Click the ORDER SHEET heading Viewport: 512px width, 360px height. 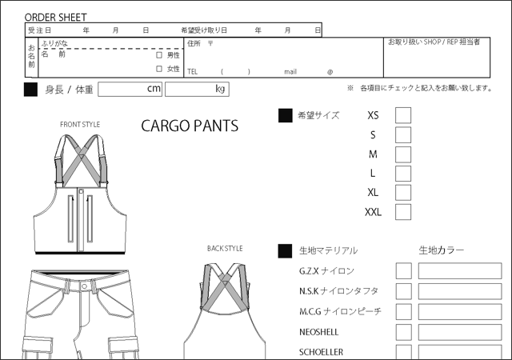click(55, 18)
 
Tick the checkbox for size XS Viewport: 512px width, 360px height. click(403, 115)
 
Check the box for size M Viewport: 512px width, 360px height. click(403, 154)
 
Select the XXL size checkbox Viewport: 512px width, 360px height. click(403, 212)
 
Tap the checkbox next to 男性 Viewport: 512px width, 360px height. click(159, 55)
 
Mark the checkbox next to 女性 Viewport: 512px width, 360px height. click(159, 69)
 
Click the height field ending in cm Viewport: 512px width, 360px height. click(130, 89)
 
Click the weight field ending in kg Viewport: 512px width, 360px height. click(197, 89)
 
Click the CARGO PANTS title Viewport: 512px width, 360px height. click(190, 126)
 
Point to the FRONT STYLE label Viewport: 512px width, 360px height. click(80, 125)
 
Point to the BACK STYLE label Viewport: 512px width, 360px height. click(225, 249)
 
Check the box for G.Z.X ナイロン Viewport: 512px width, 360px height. click(403, 271)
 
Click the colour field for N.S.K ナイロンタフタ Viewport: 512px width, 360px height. click(460, 291)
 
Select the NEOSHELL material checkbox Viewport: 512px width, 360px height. click(403, 332)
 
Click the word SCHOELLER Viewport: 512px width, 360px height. click(321, 352)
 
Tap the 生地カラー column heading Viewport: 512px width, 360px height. click(441, 250)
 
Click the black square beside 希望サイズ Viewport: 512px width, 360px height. click(285, 116)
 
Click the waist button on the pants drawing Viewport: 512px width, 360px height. click(84, 286)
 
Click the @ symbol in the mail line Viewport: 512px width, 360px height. click(330, 72)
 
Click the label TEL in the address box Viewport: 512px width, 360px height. click(192, 72)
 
